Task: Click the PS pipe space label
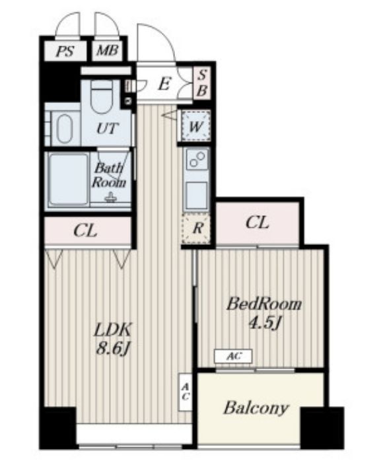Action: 65,52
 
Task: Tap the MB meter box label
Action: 107,51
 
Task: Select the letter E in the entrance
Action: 164,85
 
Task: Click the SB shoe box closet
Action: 202,83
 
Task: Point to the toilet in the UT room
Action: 102,96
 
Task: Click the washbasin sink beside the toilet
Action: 65,129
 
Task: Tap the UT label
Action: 108,129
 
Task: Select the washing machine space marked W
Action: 195,126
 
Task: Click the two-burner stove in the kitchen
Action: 196,159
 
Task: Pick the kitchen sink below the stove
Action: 196,195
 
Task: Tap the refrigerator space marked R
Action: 196,228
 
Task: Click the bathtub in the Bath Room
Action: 69,180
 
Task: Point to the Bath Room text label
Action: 109,175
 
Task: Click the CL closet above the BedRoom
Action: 258,223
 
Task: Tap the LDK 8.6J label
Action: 112,339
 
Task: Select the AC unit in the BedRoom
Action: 233,357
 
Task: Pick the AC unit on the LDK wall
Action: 185,392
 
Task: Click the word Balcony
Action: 256,408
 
